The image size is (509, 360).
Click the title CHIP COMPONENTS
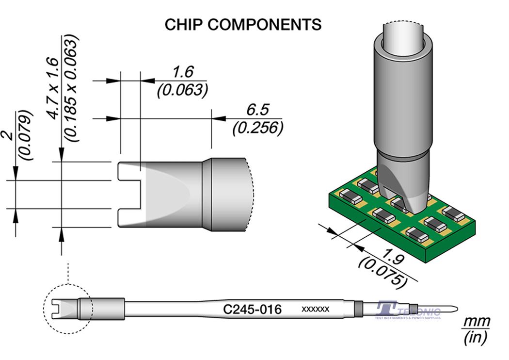(x=243, y=24)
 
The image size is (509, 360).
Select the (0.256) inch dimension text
(x=257, y=128)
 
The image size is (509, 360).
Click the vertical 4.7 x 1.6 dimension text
(x=52, y=87)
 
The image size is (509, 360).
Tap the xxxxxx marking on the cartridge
(x=316, y=309)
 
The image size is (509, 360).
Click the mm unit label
(x=477, y=321)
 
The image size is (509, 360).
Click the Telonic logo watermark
(x=407, y=311)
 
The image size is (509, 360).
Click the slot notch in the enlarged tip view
(x=129, y=195)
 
